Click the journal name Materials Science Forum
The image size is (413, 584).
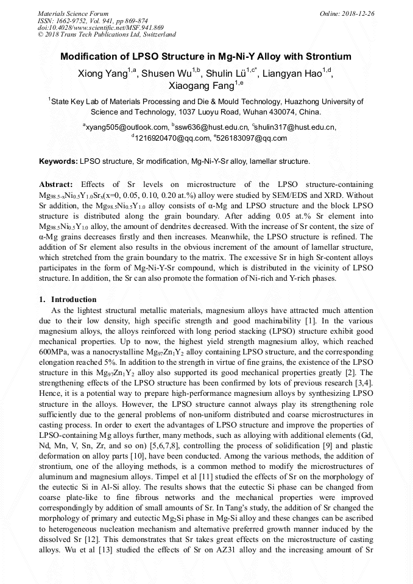coord(73,13)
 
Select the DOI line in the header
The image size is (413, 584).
coord(101,27)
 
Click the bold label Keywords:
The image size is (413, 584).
coord(58,162)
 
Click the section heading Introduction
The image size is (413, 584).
coord(73,300)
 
